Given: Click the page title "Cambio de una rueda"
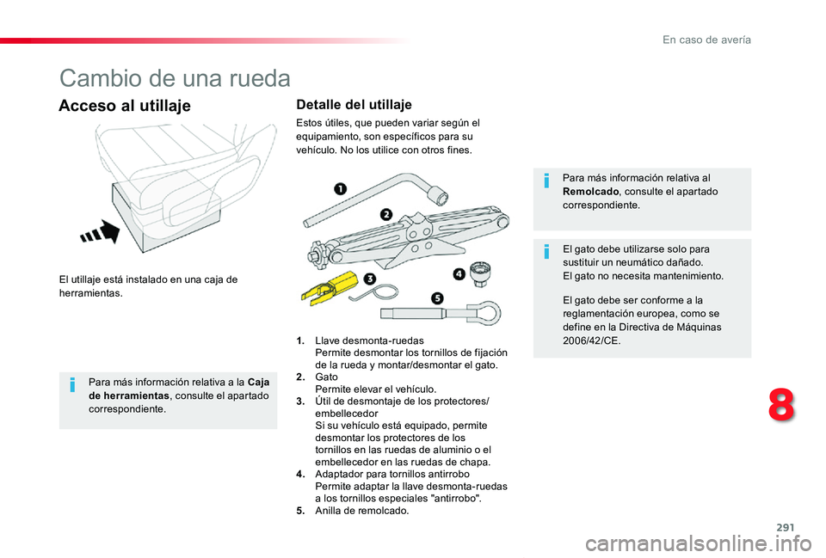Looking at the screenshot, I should click(175, 79).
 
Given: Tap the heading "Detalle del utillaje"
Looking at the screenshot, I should click(354, 105).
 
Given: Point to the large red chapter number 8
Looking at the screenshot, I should click(780, 404).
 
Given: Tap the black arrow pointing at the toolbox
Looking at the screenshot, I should click(102, 232).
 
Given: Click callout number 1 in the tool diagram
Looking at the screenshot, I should click(341, 188).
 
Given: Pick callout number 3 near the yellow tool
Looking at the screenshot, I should click(369, 279).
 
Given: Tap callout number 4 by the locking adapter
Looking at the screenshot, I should click(459, 273).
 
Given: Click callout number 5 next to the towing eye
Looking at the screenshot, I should click(436, 297).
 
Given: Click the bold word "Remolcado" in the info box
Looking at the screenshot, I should click(589, 192).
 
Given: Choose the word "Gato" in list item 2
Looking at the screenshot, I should click(327, 377).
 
